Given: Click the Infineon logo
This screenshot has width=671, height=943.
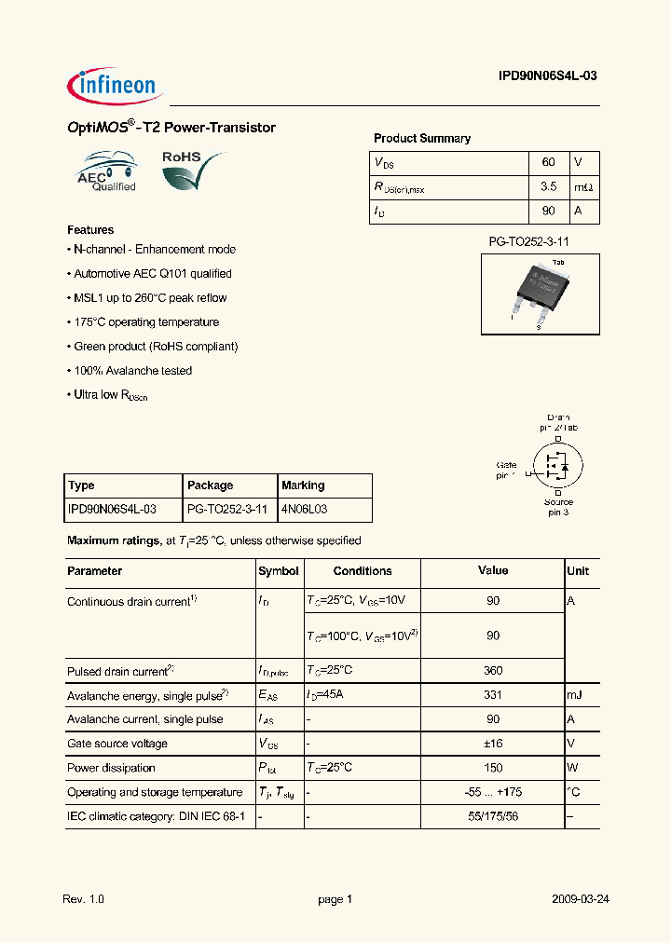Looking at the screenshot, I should point(116,87).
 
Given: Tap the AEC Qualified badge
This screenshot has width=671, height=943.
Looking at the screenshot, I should point(105,171).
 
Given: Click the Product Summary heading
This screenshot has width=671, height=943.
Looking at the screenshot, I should point(421,138).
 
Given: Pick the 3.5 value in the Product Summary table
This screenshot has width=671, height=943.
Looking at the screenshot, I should point(548,187).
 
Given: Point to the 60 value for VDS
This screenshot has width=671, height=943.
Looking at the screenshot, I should point(548,163).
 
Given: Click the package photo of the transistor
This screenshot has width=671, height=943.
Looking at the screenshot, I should point(539,289).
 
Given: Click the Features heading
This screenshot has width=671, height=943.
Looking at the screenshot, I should point(90,229).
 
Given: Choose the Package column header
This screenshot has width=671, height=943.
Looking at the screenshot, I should point(210,485).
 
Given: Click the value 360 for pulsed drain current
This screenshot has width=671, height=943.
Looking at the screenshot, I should point(492,671).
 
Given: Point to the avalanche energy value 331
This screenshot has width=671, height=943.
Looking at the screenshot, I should point(492,695).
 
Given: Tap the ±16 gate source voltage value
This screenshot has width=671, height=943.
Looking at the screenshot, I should point(492,744).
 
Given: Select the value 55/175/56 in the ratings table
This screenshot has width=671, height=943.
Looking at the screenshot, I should point(492,816).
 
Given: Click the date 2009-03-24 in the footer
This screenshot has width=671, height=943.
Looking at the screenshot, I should point(580,899).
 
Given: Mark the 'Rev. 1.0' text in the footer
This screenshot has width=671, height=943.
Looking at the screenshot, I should point(83,899).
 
